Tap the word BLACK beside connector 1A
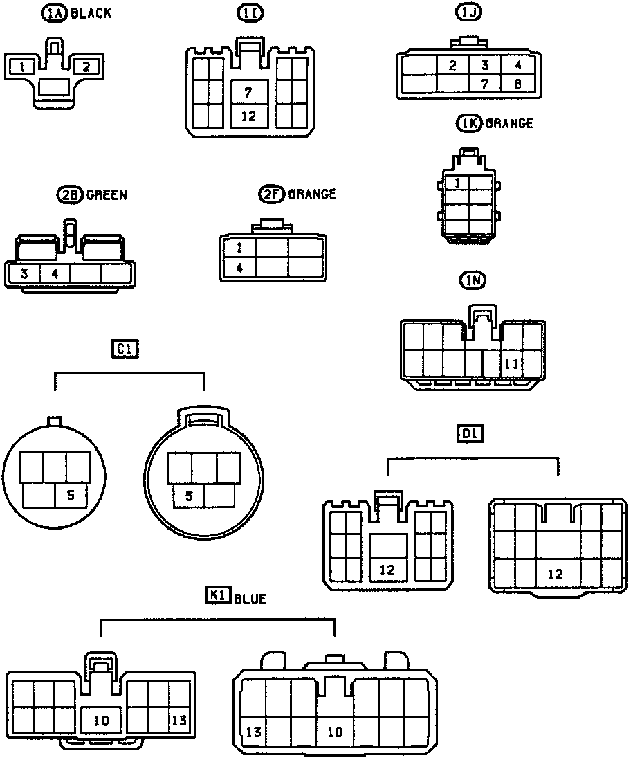[91, 14]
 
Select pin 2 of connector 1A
[87, 66]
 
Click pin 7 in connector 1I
[248, 91]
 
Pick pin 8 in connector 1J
[517, 84]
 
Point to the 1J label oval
[467, 12]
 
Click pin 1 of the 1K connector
[457, 183]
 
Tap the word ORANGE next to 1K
[509, 123]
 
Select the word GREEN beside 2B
[107, 194]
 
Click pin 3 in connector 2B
[24, 273]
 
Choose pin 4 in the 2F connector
[239, 267]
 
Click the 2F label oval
[272, 194]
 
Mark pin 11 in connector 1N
[511, 363]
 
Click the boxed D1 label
[470, 434]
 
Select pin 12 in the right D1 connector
[556, 574]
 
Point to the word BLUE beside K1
[250, 599]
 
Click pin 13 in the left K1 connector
[178, 720]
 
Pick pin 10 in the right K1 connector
[335, 732]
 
